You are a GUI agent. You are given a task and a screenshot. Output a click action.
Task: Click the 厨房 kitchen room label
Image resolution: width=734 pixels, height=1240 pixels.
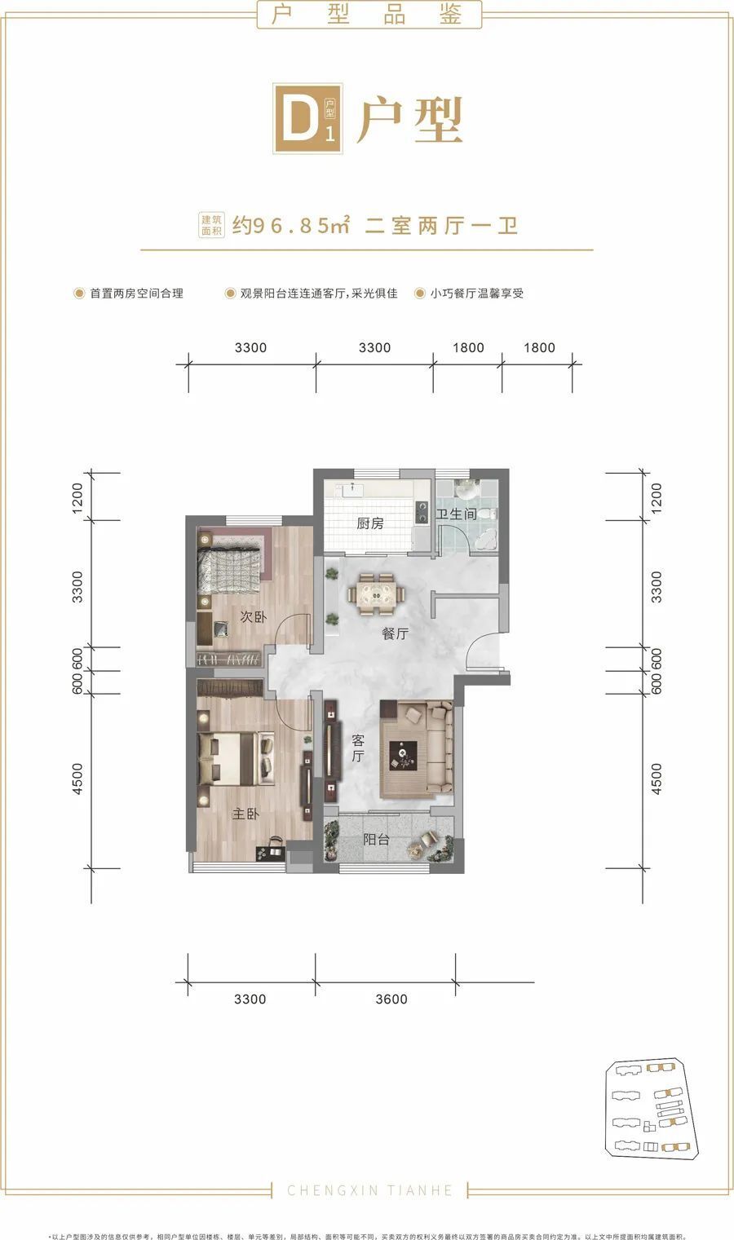(x=369, y=523)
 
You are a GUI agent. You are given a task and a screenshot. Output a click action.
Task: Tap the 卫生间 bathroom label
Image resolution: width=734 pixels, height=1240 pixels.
(x=456, y=514)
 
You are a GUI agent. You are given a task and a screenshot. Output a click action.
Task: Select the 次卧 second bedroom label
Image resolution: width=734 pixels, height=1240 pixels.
(x=253, y=617)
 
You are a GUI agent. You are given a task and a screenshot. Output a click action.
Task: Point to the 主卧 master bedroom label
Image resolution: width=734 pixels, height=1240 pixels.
(x=245, y=814)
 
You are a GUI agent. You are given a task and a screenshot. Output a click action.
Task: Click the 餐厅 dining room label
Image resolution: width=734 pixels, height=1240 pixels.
(x=395, y=633)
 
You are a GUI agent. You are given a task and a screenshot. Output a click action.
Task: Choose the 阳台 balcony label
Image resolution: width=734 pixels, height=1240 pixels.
(x=376, y=839)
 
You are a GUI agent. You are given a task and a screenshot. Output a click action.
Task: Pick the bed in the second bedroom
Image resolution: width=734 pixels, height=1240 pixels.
(x=231, y=565)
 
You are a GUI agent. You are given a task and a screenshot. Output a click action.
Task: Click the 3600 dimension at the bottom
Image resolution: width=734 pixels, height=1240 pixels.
(x=391, y=1000)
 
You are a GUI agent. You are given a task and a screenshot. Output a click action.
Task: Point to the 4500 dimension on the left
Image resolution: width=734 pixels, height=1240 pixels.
(x=77, y=779)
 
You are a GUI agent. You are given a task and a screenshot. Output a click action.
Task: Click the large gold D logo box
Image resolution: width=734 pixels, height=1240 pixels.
(x=307, y=121)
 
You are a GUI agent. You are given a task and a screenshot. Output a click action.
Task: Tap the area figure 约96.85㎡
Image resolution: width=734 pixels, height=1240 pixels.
(x=291, y=225)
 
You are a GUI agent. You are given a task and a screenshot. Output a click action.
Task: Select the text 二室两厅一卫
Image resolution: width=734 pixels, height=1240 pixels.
(x=441, y=225)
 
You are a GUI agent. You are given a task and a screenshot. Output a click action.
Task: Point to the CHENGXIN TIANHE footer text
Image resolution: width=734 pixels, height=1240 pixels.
(x=369, y=1190)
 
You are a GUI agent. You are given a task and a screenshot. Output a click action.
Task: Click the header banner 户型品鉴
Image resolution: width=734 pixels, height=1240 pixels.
(x=369, y=15)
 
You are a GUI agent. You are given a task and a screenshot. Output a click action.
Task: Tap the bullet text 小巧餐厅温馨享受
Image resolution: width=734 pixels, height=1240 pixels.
(x=476, y=293)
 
